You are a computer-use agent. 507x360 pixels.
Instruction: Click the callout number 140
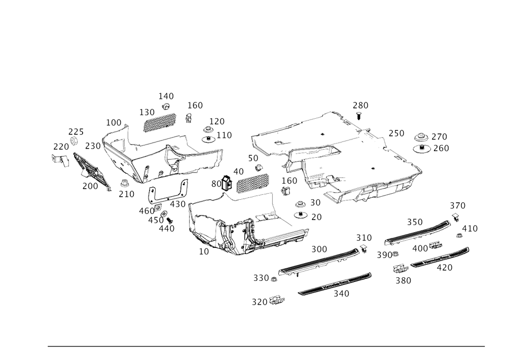point(166,95)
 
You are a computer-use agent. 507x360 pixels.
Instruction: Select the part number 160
point(195,105)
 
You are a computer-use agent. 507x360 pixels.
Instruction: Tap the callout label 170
point(217,122)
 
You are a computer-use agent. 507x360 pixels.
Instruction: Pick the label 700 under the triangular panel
point(90,186)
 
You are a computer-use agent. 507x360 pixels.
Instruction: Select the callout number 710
point(126,194)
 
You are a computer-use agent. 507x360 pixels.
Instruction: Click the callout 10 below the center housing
point(204,250)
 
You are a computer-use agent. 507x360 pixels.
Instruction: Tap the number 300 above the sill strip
point(319,249)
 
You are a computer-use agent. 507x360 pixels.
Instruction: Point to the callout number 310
point(364,237)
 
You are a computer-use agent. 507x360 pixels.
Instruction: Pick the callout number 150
point(290,181)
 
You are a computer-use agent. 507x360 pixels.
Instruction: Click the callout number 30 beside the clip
point(215,183)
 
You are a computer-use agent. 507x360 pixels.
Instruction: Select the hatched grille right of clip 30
point(251,181)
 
